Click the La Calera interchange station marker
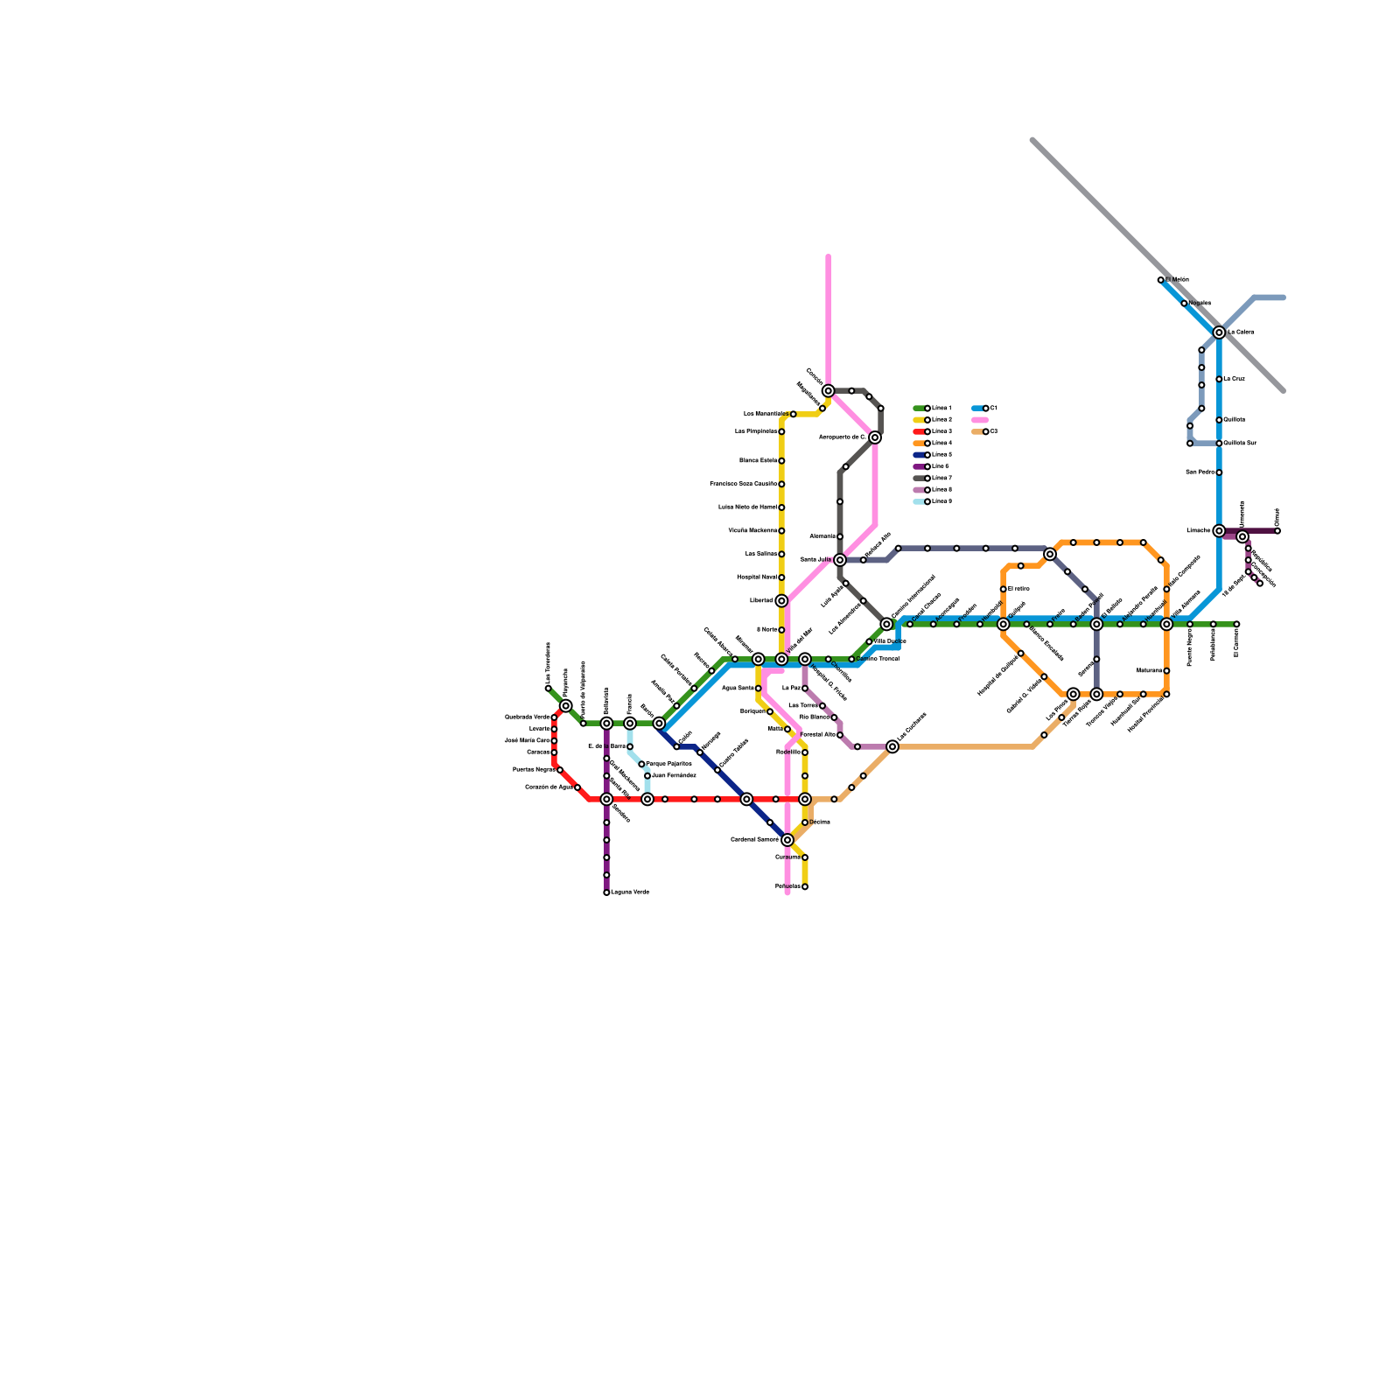(1219, 332)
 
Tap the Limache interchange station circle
(1219, 531)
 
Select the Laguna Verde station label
(630, 892)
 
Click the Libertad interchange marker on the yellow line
(781, 601)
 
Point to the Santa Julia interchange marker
(840, 560)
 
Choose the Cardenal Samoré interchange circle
(787, 840)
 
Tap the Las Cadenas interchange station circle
(892, 746)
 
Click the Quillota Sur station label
(1240, 444)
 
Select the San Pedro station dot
(1219, 472)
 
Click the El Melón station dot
(1161, 280)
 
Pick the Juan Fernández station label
(674, 776)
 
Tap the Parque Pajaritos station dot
(641, 764)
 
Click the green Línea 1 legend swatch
(919, 409)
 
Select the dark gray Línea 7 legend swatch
(919, 479)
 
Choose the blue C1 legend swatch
(977, 409)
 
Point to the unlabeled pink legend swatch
(980, 420)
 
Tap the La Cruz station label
(1234, 379)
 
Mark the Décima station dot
(805, 822)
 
